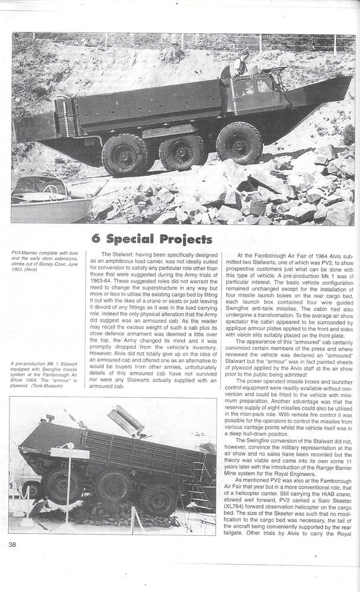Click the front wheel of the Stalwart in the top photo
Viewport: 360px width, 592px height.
coord(239,142)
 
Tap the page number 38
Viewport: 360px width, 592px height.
coord(12,543)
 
